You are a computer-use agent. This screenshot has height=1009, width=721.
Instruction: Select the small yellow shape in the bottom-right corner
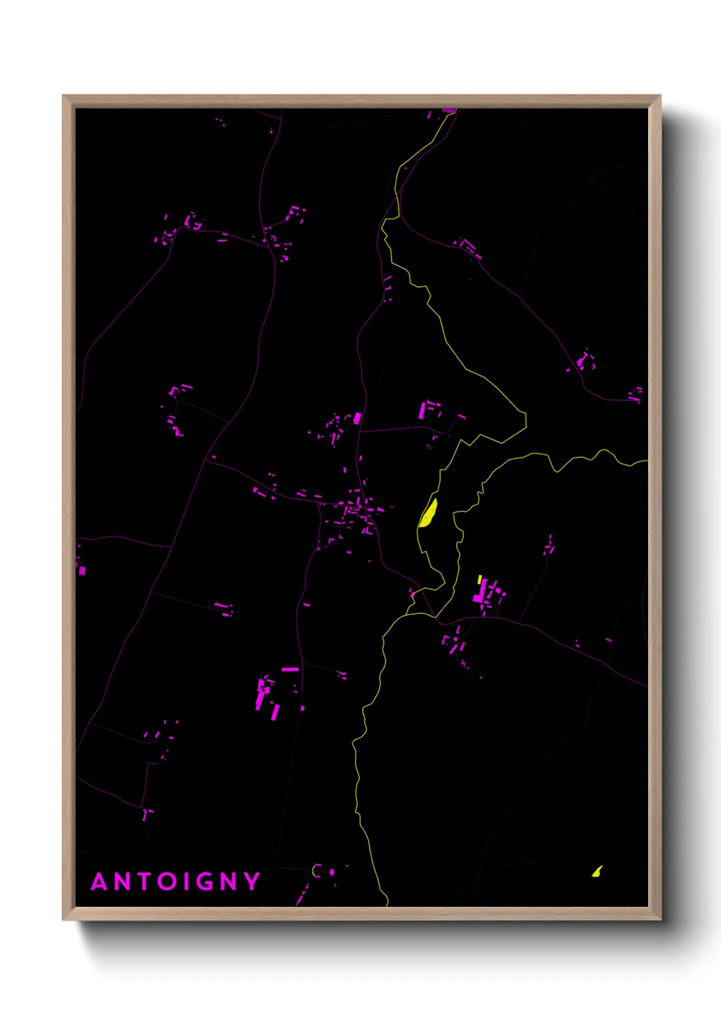(x=597, y=871)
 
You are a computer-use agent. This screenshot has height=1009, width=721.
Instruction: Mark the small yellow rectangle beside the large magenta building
(x=480, y=579)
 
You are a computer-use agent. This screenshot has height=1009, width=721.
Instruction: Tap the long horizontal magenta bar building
(x=290, y=669)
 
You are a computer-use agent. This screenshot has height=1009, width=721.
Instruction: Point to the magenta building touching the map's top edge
(x=448, y=110)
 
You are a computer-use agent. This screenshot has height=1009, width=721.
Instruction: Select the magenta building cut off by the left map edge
(x=82, y=569)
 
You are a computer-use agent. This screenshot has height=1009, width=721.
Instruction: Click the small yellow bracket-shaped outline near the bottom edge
(x=316, y=871)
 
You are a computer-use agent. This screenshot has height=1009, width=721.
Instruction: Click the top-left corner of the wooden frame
(x=63, y=96)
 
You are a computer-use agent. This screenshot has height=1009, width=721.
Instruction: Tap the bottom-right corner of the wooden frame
(x=660, y=919)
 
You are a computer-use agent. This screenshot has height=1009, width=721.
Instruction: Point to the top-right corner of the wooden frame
(x=660, y=96)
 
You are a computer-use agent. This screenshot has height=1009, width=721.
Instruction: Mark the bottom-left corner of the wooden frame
(x=63, y=919)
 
